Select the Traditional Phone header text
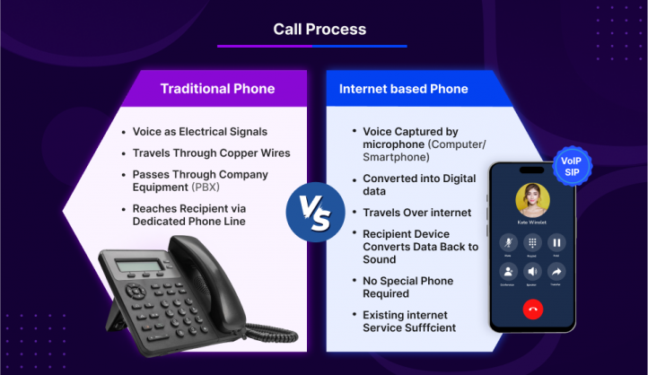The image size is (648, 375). (x=217, y=89)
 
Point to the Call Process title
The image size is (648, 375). (x=320, y=30)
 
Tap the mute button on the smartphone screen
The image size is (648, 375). (x=507, y=242)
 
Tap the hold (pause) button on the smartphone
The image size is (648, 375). (x=556, y=242)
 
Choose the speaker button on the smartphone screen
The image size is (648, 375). (x=532, y=272)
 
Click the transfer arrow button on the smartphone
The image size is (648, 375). (x=556, y=272)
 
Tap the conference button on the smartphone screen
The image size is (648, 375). (x=507, y=272)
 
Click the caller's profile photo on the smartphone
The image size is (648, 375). (x=532, y=199)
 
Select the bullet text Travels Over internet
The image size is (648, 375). (x=416, y=213)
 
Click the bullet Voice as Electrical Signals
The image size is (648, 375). (x=199, y=131)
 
